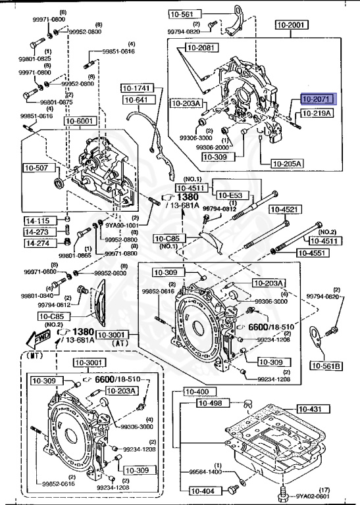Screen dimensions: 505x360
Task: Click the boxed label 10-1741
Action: (136, 87)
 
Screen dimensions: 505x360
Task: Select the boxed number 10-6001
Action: (80, 121)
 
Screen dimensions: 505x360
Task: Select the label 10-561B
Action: (327, 366)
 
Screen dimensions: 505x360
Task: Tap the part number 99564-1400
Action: (205, 472)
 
